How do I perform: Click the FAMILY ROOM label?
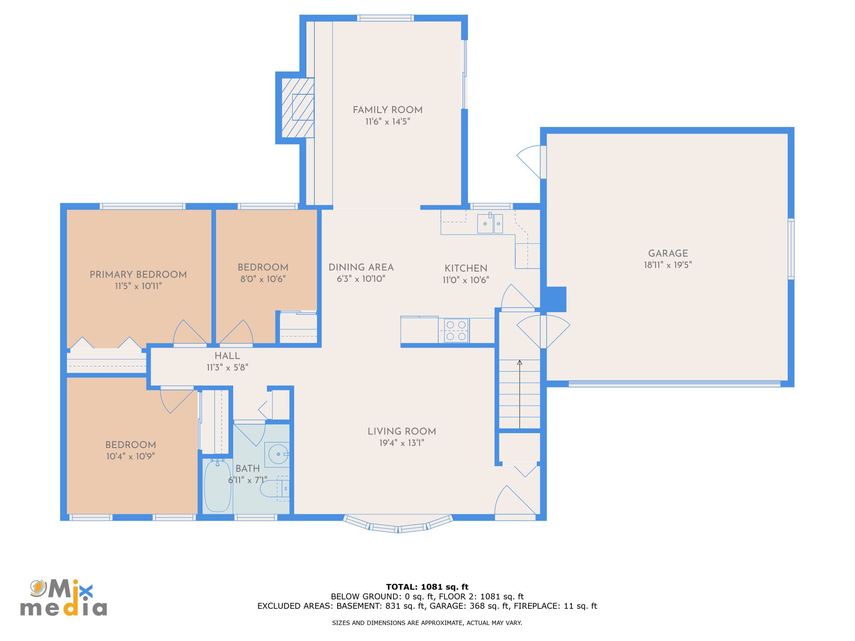click(387, 110)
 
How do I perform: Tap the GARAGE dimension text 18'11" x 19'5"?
click(668, 265)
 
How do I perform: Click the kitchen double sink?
click(490, 223)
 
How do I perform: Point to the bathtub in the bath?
click(217, 486)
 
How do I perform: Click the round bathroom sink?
click(278, 454)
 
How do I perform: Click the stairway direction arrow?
click(520, 394)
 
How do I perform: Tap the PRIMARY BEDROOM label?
click(138, 275)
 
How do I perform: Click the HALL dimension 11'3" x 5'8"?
click(227, 367)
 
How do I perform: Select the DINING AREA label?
click(361, 268)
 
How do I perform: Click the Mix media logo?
click(63, 598)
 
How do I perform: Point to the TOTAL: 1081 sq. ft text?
click(427, 587)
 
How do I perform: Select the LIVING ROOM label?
click(402, 431)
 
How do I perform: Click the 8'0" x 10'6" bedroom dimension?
click(263, 279)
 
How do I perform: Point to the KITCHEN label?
click(466, 268)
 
